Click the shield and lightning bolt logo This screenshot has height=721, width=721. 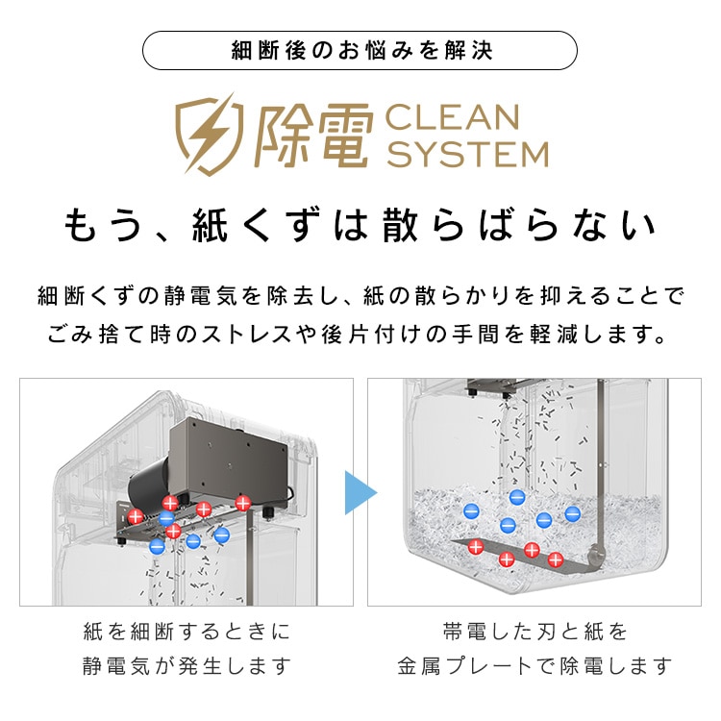pyautogui.click(x=205, y=134)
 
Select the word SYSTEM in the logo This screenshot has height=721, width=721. pyautogui.click(x=466, y=154)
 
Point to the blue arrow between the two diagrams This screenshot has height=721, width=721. pyautogui.click(x=360, y=492)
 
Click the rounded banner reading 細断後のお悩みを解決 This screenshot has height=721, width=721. pyautogui.click(x=360, y=50)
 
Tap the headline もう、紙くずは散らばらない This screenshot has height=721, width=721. pyautogui.click(x=360, y=227)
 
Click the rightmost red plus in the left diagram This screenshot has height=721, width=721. pyautogui.click(x=243, y=502)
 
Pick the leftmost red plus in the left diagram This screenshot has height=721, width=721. pyautogui.click(x=136, y=516)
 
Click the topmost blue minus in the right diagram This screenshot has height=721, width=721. pyautogui.click(x=517, y=496)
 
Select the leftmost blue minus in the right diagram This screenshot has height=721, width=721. pyautogui.click(x=471, y=511)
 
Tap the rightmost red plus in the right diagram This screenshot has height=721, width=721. pyautogui.click(x=555, y=559)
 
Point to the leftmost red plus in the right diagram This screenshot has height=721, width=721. pyautogui.click(x=475, y=547)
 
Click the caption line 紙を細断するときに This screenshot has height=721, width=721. pyautogui.click(x=186, y=633)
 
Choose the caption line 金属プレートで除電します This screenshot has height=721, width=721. pyautogui.click(x=535, y=665)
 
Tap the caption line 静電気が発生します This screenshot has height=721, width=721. pyautogui.click(x=186, y=665)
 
